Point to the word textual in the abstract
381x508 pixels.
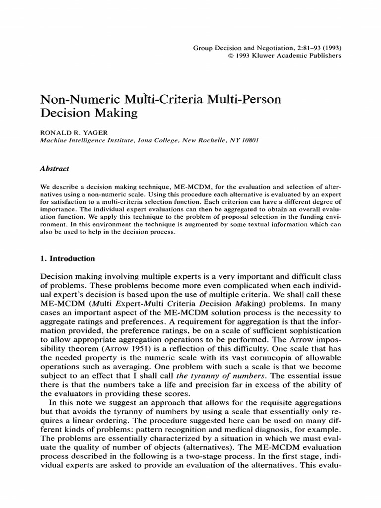[x=245, y=225]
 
